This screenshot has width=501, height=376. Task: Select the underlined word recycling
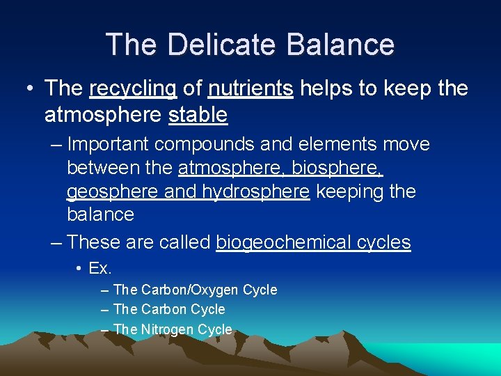pos(133,88)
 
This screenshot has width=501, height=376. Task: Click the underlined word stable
pos(198,114)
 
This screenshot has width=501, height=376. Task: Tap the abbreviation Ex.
pos(101,267)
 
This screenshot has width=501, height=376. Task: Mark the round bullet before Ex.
pos(80,268)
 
